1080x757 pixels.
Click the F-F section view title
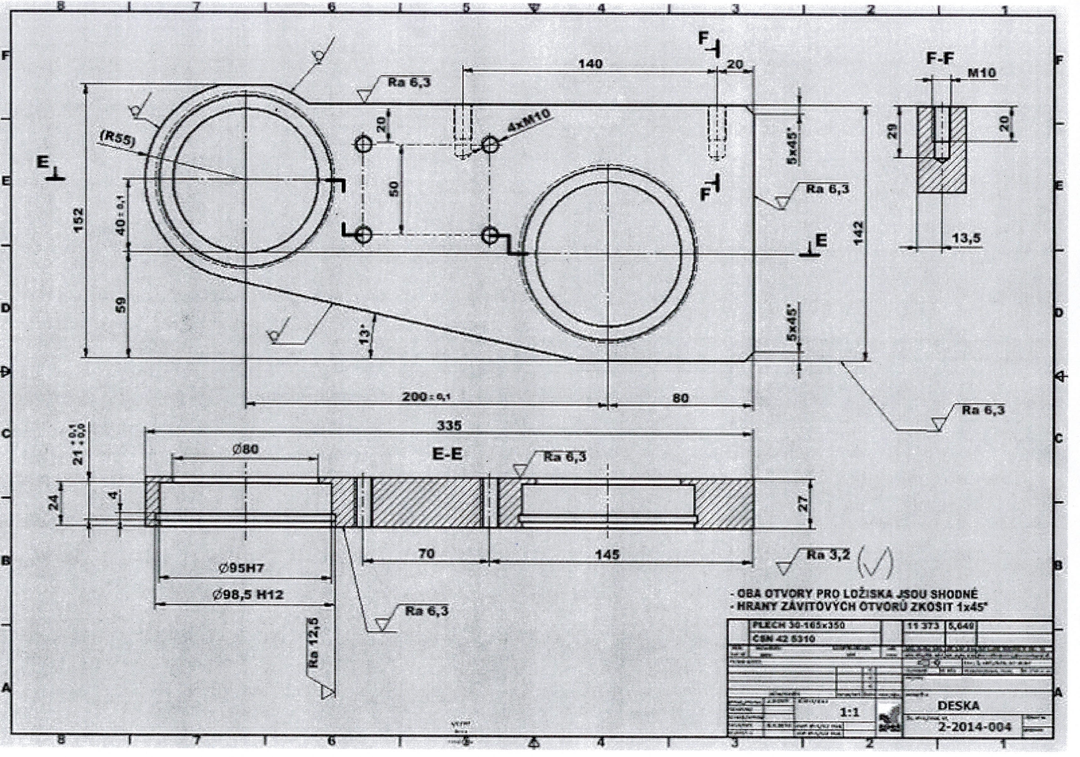pyautogui.click(x=940, y=58)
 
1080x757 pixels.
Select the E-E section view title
pyautogui.click(x=447, y=454)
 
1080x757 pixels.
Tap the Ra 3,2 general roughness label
pyautogui.click(x=828, y=555)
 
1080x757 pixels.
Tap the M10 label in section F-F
pyautogui.click(x=982, y=73)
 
